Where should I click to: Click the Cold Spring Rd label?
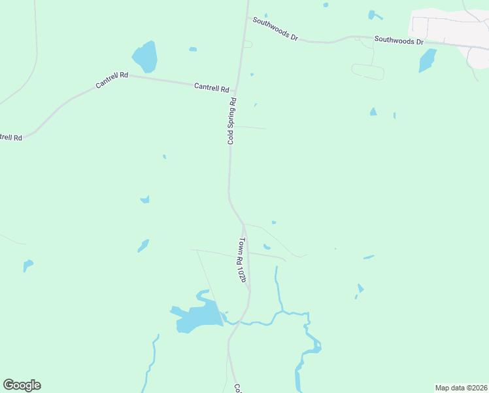(x=231, y=121)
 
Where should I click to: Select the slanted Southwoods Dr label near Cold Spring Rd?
(x=275, y=29)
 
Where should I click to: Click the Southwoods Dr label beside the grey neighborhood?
(x=399, y=41)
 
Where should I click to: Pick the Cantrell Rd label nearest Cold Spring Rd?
(x=212, y=87)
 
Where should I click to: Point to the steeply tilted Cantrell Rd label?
(x=111, y=80)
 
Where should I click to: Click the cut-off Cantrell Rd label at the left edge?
(x=10, y=138)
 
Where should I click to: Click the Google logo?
(x=22, y=385)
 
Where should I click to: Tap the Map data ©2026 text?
(x=461, y=388)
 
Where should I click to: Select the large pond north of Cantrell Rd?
(x=145, y=57)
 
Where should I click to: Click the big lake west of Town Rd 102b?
(x=196, y=316)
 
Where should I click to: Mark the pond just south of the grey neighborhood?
(x=427, y=61)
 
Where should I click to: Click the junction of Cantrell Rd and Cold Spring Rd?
(x=235, y=92)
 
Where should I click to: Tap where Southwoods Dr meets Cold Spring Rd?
(x=247, y=17)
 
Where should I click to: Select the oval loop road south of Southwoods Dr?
(x=367, y=71)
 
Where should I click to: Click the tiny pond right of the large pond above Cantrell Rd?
(x=193, y=49)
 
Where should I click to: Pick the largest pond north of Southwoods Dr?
(x=374, y=14)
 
